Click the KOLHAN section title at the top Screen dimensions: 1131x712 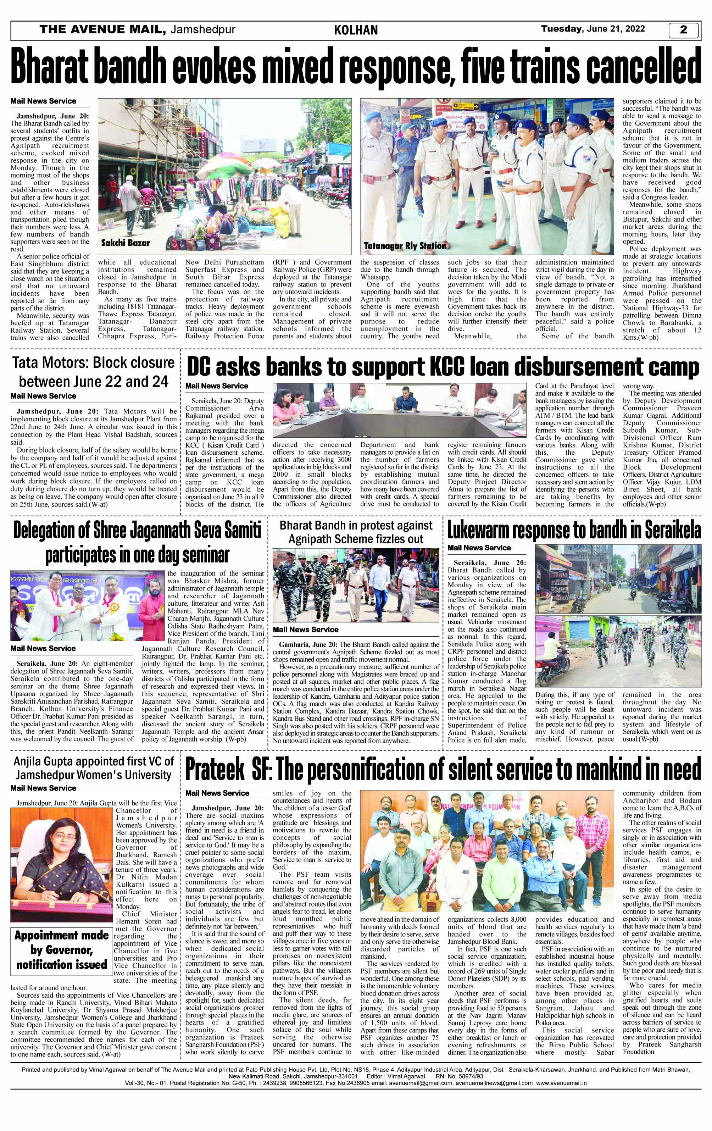pyautogui.click(x=356, y=31)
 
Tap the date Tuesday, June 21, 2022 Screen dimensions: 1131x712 pyautogui.click(x=593, y=29)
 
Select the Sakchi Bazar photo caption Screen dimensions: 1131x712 pyautogui.click(x=126, y=243)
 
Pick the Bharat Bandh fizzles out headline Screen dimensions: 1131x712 pyautogui.click(x=356, y=532)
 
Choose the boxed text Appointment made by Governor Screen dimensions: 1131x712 pyautogui.click(x=62, y=950)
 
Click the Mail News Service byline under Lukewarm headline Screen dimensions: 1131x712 pyautogui.click(x=479, y=548)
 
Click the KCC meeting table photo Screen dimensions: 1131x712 pyautogui.click(x=400, y=410)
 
